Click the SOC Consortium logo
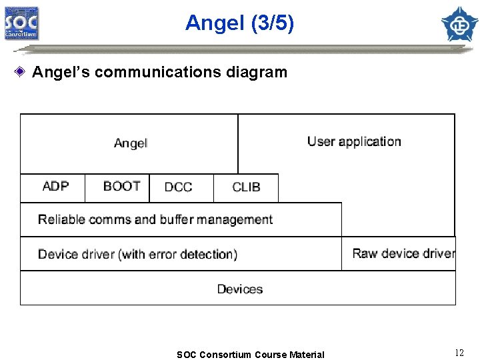tap(21, 23)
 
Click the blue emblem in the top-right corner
tap(459, 23)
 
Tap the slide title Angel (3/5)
tap(239, 23)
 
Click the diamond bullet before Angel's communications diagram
tap(22, 71)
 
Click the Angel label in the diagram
tap(131, 143)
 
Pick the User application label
tap(354, 141)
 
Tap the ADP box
tap(55, 187)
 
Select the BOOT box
tap(121, 187)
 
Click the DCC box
tap(178, 187)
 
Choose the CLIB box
tap(246, 187)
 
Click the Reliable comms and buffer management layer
tap(155, 219)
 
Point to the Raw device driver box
tap(403, 253)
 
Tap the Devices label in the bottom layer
tap(240, 289)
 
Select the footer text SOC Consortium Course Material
tap(250, 355)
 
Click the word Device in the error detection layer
tap(57, 254)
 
